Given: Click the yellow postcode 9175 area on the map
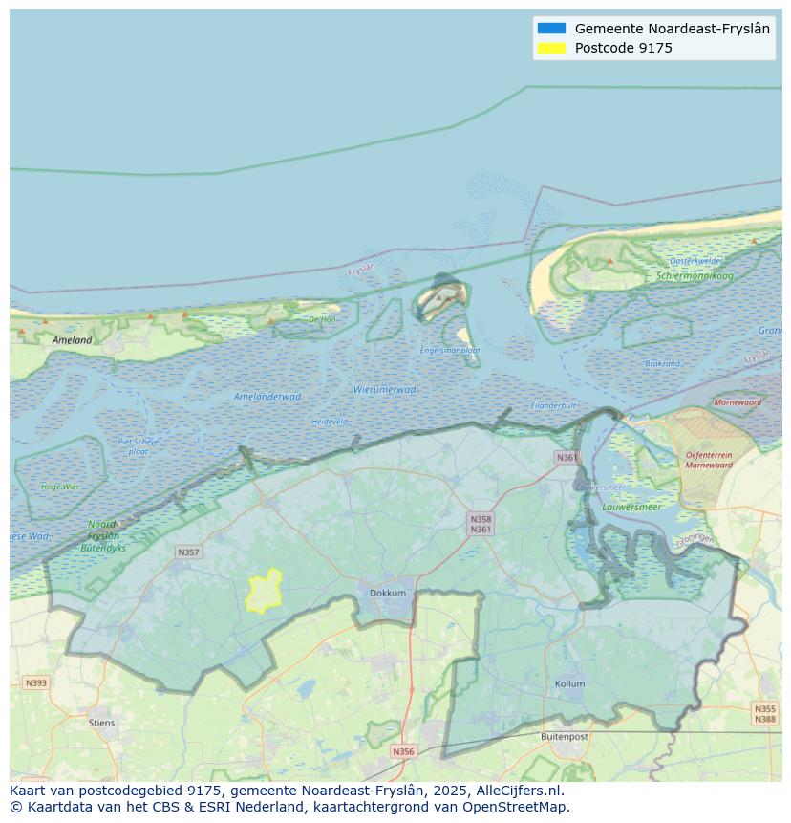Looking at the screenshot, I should click(x=264, y=592).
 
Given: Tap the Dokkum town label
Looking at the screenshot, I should click(x=388, y=593).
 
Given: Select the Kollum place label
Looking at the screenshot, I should click(x=569, y=684).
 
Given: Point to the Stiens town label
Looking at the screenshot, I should click(x=101, y=723).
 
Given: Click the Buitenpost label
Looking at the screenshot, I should click(x=564, y=737).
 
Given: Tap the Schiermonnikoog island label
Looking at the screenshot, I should click(x=695, y=276).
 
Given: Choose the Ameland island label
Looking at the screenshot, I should click(x=73, y=340).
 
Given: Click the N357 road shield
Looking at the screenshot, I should click(x=188, y=552).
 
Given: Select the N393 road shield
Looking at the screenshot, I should click(x=35, y=682).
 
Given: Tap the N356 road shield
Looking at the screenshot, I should click(x=403, y=751).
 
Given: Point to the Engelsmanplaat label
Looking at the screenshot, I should click(x=449, y=351).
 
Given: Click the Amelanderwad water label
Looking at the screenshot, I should click(x=267, y=397).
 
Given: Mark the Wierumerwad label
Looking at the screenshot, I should click(x=384, y=390).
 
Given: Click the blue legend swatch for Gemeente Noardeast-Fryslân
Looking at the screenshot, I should click(x=551, y=29).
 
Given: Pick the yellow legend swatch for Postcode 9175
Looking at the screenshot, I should click(x=551, y=48).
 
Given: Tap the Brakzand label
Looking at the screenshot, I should click(x=662, y=364).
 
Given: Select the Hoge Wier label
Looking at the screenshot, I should click(x=60, y=487).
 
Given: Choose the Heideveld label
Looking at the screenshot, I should click(x=330, y=422).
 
